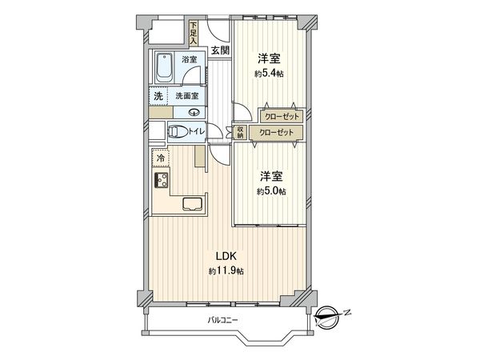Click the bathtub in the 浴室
tap(164, 68)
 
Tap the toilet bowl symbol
tap(178, 132)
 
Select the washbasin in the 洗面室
tap(194, 112)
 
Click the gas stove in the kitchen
tap(162, 180)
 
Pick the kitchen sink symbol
tap(193, 204)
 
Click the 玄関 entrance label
tap(220, 50)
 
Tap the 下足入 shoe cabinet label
tap(193, 33)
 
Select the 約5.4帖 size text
tap(269, 74)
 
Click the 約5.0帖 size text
tap(271, 191)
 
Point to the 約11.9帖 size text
tap(226, 271)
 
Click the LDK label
tap(226, 256)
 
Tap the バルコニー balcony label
tap(222, 321)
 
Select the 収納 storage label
tap(240, 132)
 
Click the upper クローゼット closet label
tap(282, 116)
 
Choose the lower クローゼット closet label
tap(276, 133)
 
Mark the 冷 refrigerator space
tap(161, 158)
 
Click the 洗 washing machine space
tap(158, 97)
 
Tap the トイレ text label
tap(196, 131)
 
